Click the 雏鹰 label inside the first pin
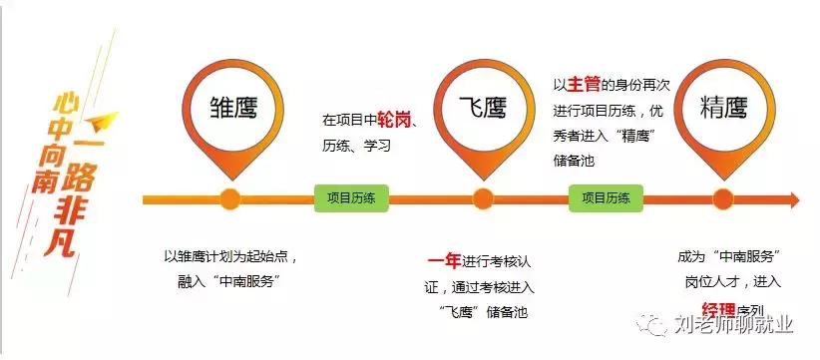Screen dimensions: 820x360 (x=231, y=108)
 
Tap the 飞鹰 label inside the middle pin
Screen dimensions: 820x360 (x=484, y=108)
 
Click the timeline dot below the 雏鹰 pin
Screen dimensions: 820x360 (x=231, y=197)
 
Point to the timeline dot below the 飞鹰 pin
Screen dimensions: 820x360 (x=484, y=197)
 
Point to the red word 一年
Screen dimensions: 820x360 (x=444, y=261)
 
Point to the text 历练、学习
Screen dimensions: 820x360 (x=356, y=145)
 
